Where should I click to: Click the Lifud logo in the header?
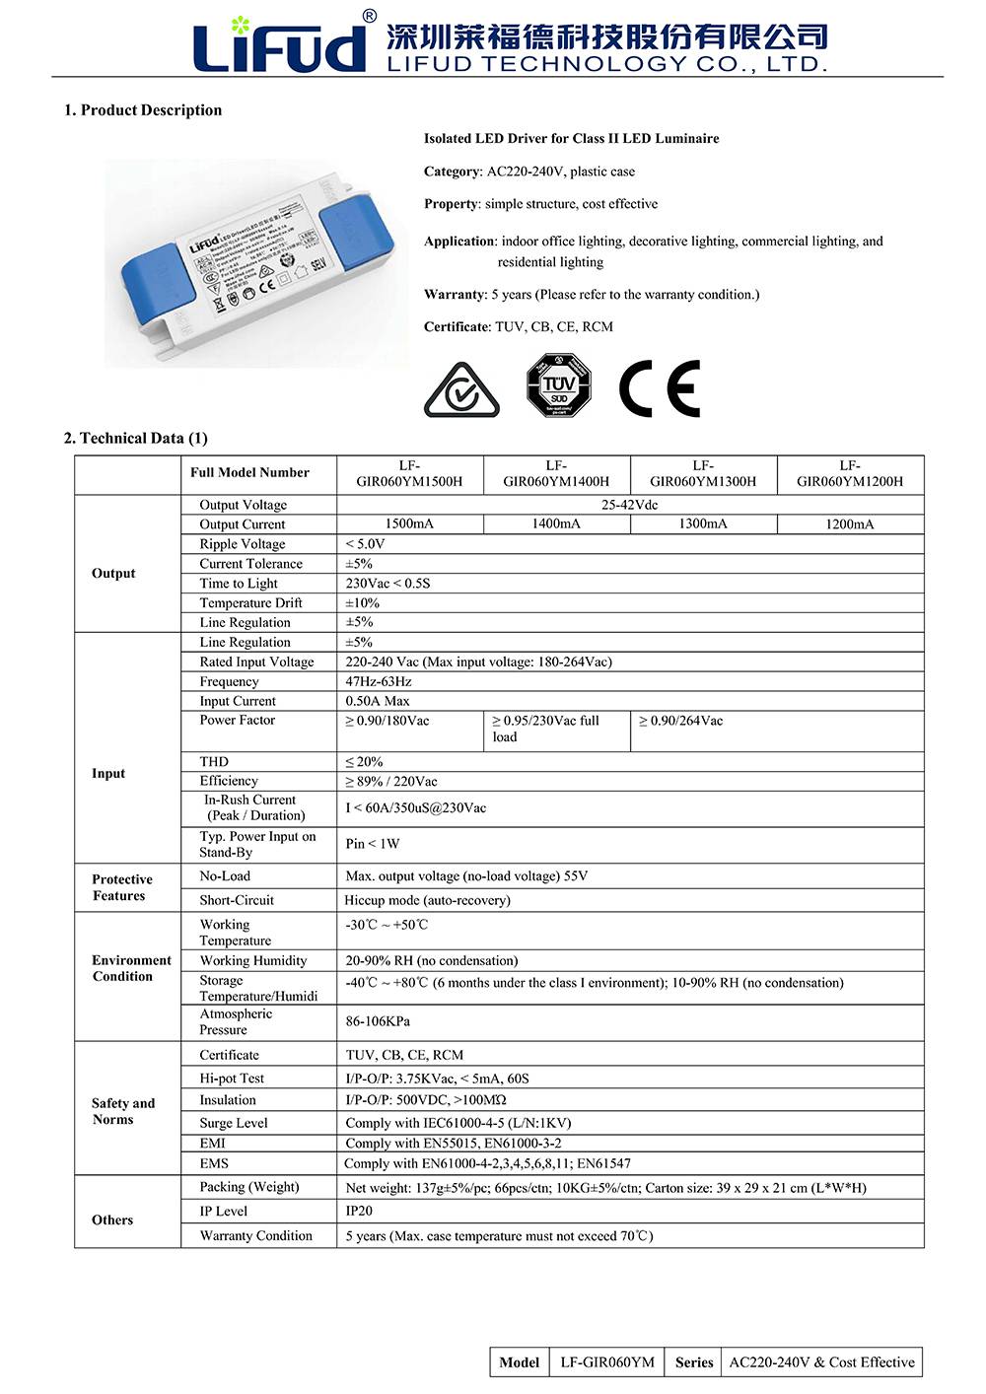(x=279, y=44)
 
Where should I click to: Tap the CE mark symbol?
(x=660, y=388)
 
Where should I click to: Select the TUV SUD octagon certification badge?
(x=558, y=384)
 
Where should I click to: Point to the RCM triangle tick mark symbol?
(x=461, y=389)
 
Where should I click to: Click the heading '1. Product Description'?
(x=143, y=110)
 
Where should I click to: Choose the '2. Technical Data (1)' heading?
(x=136, y=438)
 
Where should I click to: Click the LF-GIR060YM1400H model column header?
(x=556, y=473)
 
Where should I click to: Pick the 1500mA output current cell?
(x=409, y=523)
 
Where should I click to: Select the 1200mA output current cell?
(x=850, y=524)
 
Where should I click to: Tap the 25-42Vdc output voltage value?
(x=630, y=505)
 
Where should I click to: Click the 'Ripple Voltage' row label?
(x=243, y=544)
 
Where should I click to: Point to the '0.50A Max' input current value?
(x=378, y=701)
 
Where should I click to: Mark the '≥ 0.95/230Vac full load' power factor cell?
(x=546, y=729)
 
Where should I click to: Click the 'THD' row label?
(x=214, y=762)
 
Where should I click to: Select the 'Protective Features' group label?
(x=122, y=887)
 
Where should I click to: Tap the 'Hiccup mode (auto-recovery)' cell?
(x=427, y=900)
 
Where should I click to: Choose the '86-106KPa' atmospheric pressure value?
(x=378, y=1021)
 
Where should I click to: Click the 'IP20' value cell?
(x=359, y=1211)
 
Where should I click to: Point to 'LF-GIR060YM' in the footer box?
(x=607, y=1362)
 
